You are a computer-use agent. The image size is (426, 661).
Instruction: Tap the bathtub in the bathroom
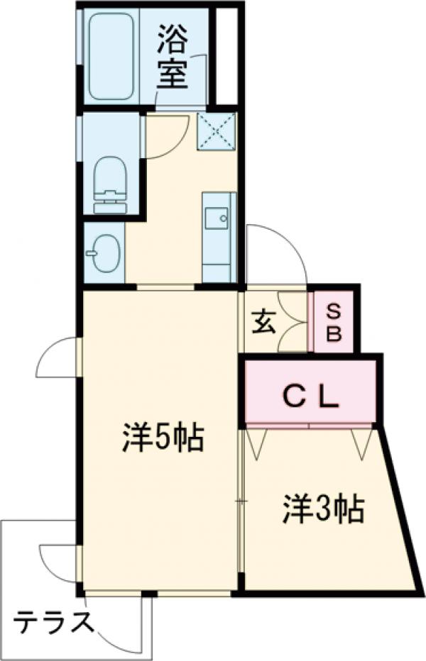112,55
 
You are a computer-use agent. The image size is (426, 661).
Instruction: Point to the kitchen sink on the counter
217,217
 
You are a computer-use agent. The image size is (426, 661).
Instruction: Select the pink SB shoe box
334,323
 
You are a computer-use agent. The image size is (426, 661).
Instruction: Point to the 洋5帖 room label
163,440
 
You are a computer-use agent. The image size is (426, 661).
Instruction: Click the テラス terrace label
54,623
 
